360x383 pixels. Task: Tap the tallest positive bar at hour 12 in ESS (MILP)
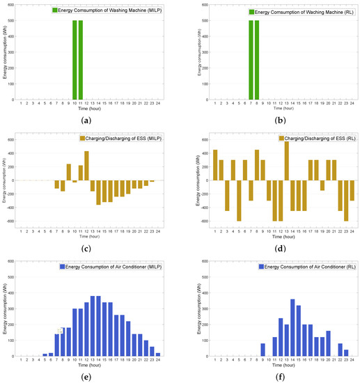[87, 166]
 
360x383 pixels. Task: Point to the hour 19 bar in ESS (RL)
[322, 185]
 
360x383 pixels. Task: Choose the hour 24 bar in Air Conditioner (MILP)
[158, 354]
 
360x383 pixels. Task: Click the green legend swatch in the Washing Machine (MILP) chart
[54, 10]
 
